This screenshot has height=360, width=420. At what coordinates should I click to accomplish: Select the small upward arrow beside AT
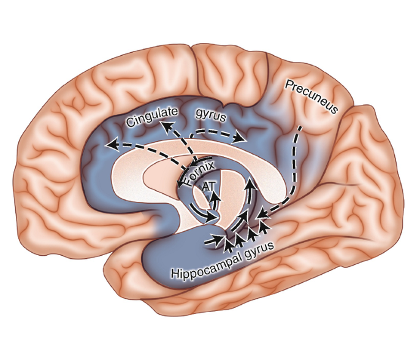click(x=216, y=195)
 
